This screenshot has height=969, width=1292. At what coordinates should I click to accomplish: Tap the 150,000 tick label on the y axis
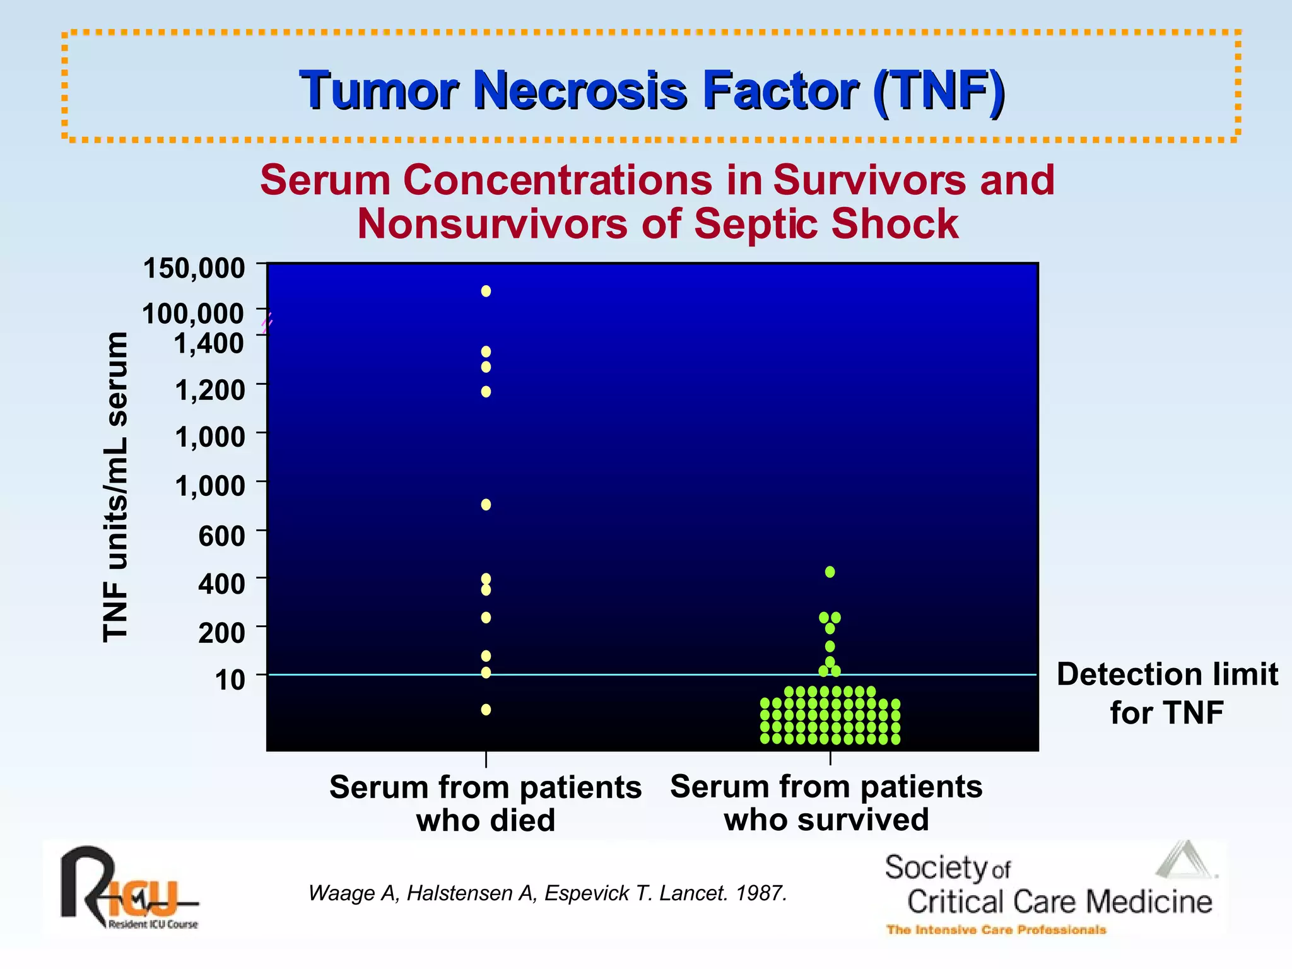tap(194, 267)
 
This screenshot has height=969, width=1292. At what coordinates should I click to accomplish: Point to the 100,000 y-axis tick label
tap(192, 314)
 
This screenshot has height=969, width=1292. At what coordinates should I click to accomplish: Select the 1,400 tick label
tap(209, 343)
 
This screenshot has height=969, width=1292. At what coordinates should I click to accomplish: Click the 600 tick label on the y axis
tap(221, 536)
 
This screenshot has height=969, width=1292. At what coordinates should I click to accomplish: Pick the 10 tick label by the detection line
tap(230, 679)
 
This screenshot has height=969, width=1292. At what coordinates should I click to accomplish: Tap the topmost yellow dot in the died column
tap(486, 291)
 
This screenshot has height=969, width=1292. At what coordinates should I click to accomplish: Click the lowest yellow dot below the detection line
tap(486, 710)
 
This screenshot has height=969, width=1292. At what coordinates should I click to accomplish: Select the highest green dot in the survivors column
tap(830, 572)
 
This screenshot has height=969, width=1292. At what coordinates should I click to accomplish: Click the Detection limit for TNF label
tap(1166, 693)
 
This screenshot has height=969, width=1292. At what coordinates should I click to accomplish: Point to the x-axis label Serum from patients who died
tap(485, 803)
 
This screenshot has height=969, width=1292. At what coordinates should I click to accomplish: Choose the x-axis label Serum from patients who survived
tap(826, 802)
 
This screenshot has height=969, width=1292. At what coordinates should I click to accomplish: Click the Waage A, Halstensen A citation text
tap(547, 893)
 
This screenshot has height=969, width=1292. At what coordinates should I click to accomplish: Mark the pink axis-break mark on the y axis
tap(267, 322)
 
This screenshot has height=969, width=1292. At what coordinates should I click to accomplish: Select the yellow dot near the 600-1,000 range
tap(486, 504)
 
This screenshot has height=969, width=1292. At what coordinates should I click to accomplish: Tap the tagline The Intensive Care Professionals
tap(996, 929)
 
